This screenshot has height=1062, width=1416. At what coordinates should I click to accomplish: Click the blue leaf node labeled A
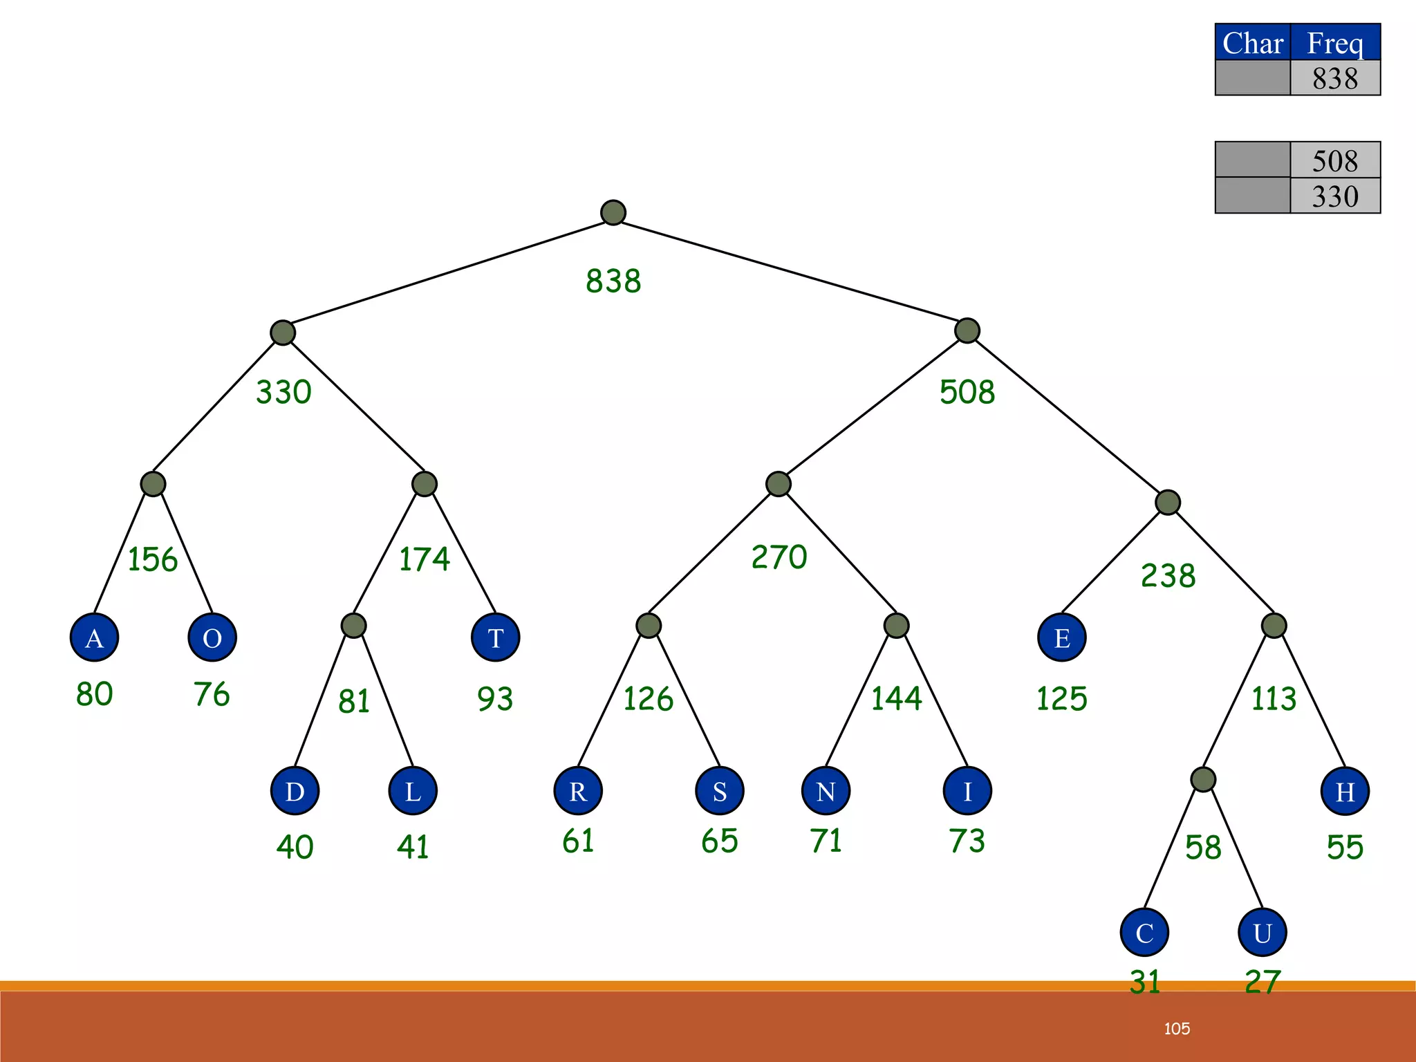click(x=94, y=637)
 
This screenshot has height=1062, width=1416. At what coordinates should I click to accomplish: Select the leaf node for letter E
click(x=1062, y=637)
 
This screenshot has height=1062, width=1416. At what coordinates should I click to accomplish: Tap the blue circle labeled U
click(x=1263, y=933)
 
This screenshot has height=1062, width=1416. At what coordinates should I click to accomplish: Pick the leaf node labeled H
click(x=1345, y=791)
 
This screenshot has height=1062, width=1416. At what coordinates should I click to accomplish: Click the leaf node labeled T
click(x=495, y=637)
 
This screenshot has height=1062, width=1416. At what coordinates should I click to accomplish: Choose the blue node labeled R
click(x=578, y=791)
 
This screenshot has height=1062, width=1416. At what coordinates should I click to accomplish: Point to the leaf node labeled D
click(x=295, y=791)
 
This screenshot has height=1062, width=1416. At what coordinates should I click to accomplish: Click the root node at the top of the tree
click(x=613, y=212)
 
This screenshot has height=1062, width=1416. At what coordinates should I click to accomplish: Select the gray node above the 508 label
click(x=967, y=330)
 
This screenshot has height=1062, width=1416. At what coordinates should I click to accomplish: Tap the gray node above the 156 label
click(x=153, y=483)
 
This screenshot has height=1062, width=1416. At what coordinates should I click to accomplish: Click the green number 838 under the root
click(x=613, y=281)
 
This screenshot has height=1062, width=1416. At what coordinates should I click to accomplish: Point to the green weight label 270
click(x=779, y=557)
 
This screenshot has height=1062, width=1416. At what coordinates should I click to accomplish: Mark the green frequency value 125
click(x=1062, y=698)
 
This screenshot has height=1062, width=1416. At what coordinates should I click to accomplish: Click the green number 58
click(x=1203, y=848)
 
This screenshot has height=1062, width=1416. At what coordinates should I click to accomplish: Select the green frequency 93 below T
click(x=495, y=699)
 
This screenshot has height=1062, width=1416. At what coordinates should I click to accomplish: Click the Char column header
click(x=1253, y=43)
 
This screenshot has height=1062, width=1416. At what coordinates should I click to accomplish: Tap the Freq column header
click(x=1335, y=43)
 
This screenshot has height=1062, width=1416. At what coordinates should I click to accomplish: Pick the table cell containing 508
click(x=1335, y=160)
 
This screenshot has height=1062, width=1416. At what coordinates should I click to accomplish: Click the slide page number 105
click(x=1177, y=1029)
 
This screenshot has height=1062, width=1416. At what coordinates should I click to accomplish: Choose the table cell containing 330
click(x=1335, y=196)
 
